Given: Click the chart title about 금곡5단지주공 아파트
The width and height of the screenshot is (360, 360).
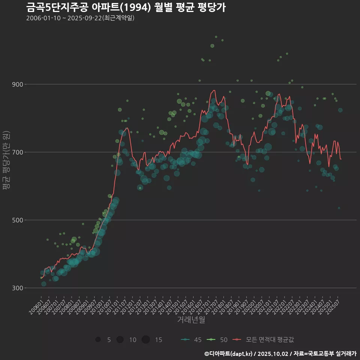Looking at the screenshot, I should [126, 7].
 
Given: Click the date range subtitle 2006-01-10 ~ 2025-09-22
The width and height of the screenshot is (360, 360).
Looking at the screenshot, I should [80, 18].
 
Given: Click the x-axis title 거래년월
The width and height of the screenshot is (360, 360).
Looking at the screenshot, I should [191, 320].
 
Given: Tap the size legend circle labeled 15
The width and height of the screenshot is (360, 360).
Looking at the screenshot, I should [146, 340].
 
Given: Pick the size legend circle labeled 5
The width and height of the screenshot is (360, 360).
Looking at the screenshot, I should [98, 340].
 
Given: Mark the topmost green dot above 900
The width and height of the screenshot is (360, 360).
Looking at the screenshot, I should [216, 37].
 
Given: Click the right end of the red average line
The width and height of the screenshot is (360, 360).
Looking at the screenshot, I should [341, 159].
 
